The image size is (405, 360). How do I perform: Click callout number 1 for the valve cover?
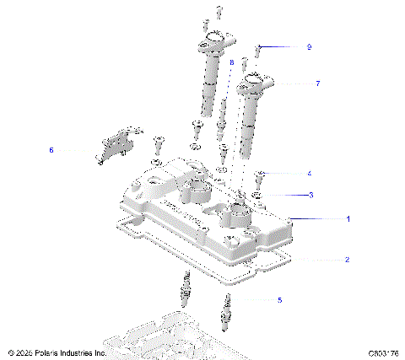(346, 218)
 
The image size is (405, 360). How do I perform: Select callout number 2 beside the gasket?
(346, 260)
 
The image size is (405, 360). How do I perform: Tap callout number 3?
(310, 195)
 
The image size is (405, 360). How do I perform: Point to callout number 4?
(310, 173)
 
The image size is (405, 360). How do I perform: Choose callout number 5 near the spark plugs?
(280, 299)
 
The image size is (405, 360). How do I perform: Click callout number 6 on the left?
(51, 150)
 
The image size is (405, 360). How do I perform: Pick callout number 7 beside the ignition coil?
(317, 83)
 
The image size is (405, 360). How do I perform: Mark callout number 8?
(231, 62)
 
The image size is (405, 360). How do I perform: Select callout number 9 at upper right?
(309, 47)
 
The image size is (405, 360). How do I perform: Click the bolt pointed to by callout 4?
(260, 175)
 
